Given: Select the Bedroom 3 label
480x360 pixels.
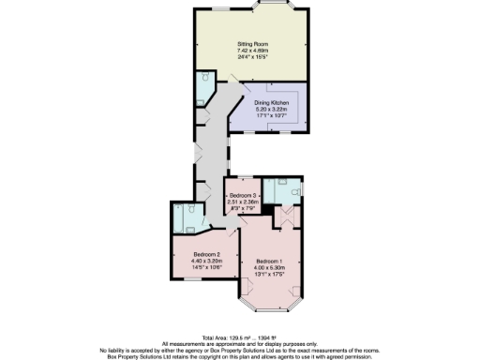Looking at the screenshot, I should click(242, 194).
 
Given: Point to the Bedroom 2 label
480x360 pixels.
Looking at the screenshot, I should click(206, 254).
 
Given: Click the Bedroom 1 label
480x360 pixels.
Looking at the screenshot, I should click(268, 260).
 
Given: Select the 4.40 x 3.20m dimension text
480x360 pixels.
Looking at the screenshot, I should click(206, 261).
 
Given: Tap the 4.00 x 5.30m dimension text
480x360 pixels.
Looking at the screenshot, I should click(268, 266).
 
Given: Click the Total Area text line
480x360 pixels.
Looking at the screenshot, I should click(239, 337).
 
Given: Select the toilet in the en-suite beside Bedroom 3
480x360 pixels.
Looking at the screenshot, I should click(294, 188).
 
